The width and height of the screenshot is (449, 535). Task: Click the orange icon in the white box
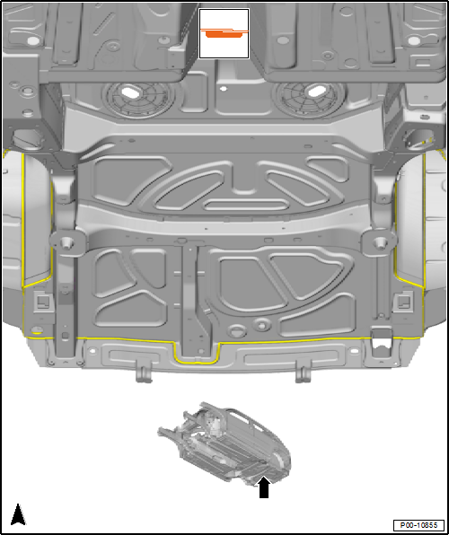tap(224, 33)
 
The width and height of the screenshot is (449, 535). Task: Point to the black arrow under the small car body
tap(264, 487)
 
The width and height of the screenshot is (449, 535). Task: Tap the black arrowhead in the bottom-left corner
tap(18, 514)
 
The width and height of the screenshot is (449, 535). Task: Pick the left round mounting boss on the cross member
tap(66, 242)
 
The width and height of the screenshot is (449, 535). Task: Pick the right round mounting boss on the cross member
tap(379, 243)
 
